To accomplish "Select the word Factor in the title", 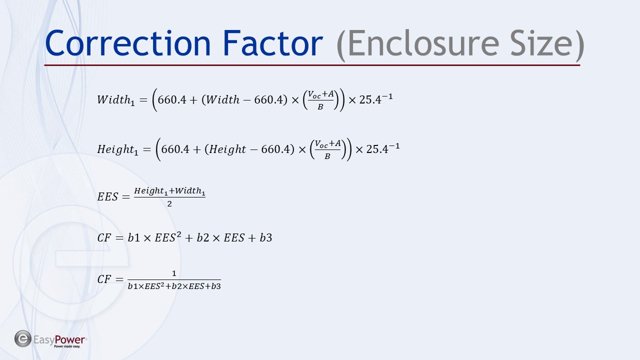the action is pos(272,43).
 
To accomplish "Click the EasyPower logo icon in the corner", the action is pos(23,339).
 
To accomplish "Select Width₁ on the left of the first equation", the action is pos(115,100).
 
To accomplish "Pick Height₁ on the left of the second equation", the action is pos(117,149).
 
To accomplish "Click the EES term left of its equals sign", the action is pos(107,196).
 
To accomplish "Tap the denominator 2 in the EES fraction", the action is pos(169,203).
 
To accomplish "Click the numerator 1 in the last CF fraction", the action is pos(174,273).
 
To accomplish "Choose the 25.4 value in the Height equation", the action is pos(377,149).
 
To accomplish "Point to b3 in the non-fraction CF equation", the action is pos(265,237).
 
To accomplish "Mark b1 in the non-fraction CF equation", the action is pos(133,237).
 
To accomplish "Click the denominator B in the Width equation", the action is pos(320,107).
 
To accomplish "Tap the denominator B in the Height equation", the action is pos(327,156).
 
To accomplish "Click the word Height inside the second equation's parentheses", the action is pos(227,149).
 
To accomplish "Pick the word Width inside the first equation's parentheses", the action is pos(222,99).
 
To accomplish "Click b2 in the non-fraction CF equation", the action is pos(203,237).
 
